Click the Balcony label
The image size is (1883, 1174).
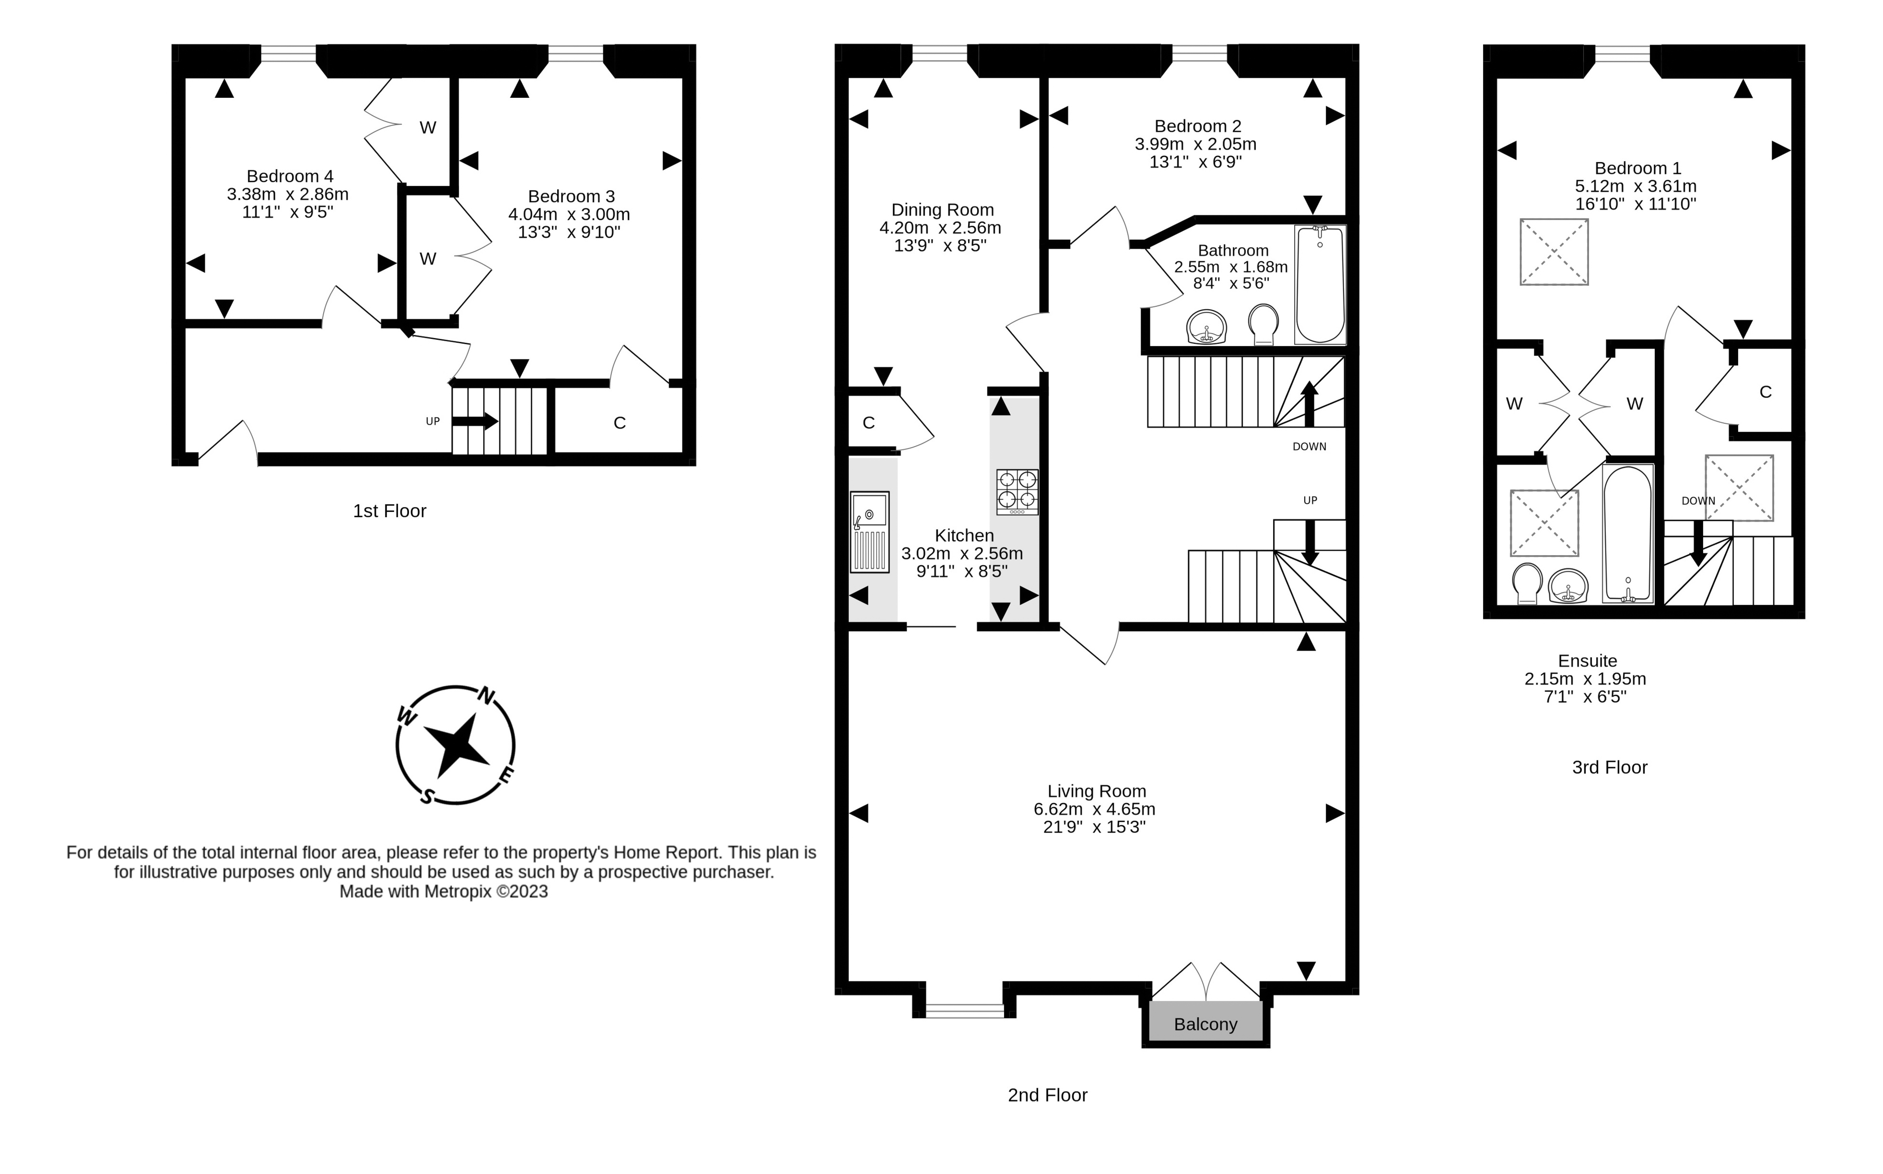coord(1205,1024)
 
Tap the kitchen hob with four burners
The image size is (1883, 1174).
coord(1017,491)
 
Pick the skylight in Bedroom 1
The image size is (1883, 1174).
coord(1554,252)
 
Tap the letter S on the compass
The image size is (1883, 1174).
coord(426,796)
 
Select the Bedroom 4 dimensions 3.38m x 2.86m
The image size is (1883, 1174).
coord(287,194)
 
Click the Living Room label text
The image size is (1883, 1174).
coord(1097,791)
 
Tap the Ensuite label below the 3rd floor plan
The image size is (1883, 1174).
coord(1587,661)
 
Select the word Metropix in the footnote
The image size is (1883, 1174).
coord(457,891)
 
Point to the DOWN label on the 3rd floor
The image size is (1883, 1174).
coord(1698,501)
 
